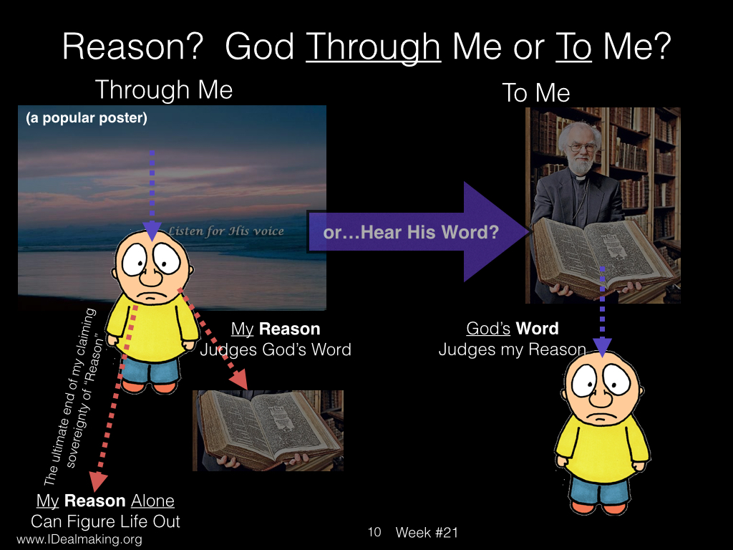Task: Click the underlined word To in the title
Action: tap(573, 47)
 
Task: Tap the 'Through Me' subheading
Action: tap(164, 90)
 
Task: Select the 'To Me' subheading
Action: tap(535, 92)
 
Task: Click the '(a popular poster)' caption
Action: tap(87, 118)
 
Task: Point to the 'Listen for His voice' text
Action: tap(225, 231)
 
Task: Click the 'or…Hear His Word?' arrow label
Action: tap(411, 232)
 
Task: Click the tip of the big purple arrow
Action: tap(529, 231)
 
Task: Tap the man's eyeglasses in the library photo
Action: tap(583, 148)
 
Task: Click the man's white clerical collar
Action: tap(580, 178)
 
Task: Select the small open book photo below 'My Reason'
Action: tap(268, 430)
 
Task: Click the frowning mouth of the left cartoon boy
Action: tap(150, 297)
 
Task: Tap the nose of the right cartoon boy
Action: tap(601, 397)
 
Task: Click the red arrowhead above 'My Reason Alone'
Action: tap(98, 481)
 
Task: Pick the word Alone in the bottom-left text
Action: tap(152, 501)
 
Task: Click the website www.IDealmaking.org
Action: tap(79, 539)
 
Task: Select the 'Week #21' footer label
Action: tap(427, 532)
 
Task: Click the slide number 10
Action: tap(374, 532)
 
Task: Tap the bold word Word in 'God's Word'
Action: tap(537, 328)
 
